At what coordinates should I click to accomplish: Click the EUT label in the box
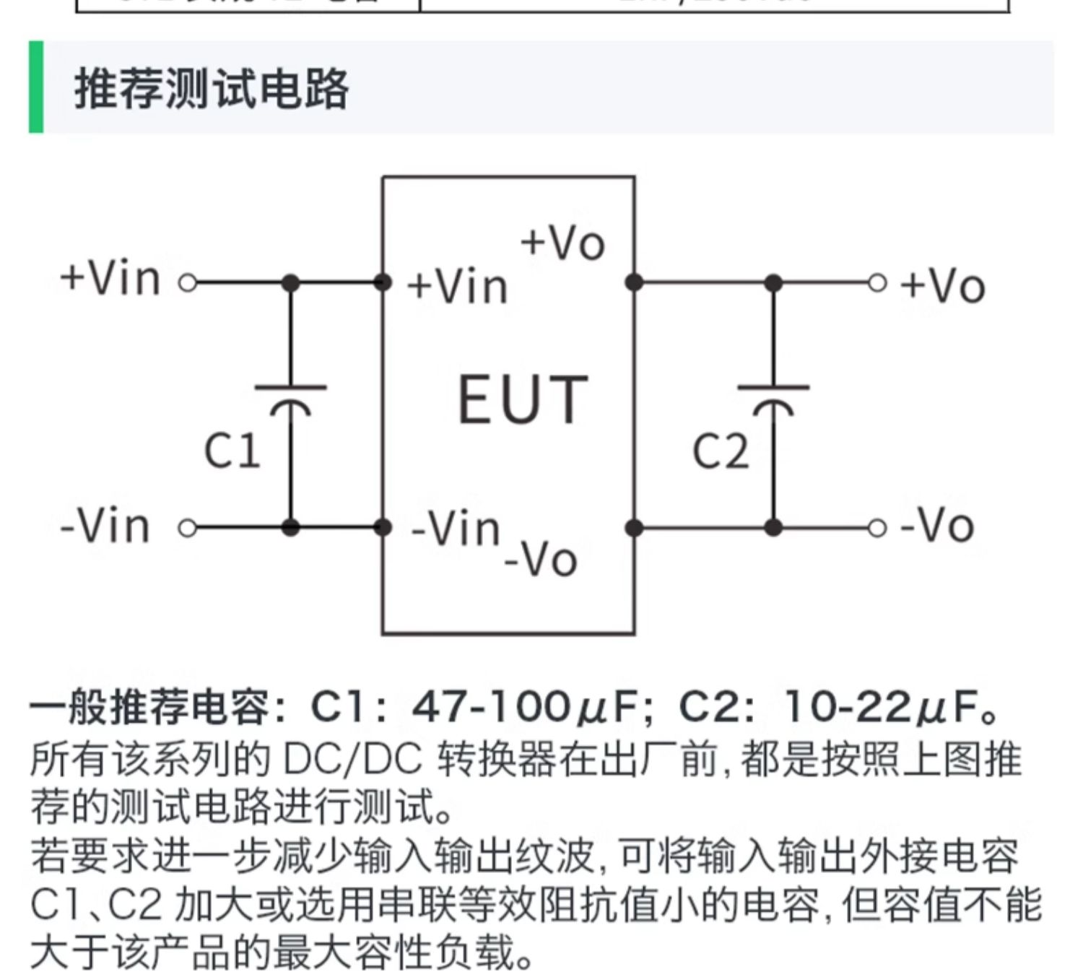[x=523, y=399]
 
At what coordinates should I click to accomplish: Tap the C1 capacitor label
[x=232, y=451]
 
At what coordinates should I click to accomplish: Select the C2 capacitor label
[x=720, y=452]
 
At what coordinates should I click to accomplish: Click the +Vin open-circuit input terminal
[x=188, y=283]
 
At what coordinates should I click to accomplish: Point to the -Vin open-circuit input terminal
[x=188, y=529]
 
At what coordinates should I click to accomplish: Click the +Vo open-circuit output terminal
[x=877, y=283]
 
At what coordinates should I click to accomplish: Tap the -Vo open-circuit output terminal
[x=877, y=529]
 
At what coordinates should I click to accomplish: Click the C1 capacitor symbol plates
[x=290, y=397]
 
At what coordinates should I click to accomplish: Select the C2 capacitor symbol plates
[x=773, y=397]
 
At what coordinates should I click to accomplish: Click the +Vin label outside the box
[x=110, y=278]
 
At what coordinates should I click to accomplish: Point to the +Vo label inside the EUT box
[x=562, y=243]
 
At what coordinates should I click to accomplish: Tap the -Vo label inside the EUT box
[x=541, y=560]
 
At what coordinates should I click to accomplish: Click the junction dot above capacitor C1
[x=290, y=283]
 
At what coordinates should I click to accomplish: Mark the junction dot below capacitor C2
[x=773, y=529]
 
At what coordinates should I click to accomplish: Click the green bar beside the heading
[x=36, y=87]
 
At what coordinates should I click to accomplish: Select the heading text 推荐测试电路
[x=212, y=90]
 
